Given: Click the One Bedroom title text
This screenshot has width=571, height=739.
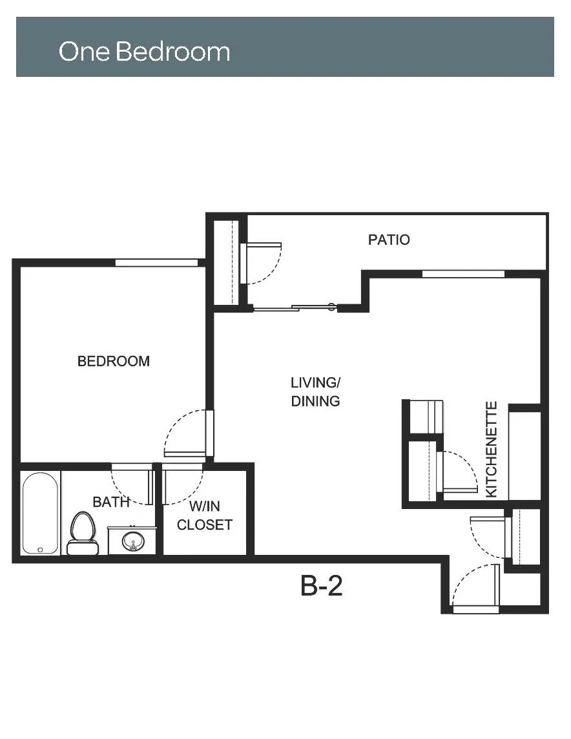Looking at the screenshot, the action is (144, 51).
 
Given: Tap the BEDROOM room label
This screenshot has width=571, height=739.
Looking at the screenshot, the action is (114, 361).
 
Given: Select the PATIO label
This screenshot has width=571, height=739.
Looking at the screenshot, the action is (389, 240).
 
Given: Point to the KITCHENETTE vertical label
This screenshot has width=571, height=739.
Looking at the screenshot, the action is (492, 449).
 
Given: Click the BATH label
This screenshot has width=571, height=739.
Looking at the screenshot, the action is (110, 502).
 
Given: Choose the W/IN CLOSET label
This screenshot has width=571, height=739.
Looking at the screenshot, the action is (205, 515).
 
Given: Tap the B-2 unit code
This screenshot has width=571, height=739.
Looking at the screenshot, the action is (321, 586).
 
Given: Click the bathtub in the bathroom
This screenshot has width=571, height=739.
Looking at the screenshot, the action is (41, 514).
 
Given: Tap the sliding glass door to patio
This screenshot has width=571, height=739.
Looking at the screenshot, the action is (295, 307).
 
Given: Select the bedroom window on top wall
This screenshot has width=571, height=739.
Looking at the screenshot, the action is (157, 262).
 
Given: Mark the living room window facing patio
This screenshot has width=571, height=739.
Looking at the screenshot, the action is (463, 274).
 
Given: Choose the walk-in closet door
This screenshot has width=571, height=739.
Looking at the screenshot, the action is (183, 484).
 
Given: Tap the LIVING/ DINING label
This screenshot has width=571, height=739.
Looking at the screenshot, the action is (316, 391).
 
